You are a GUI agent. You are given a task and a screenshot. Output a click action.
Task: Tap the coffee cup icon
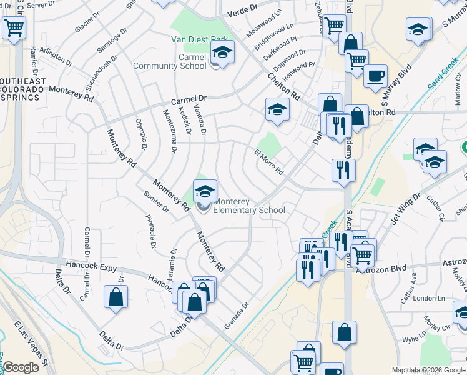click(375, 76)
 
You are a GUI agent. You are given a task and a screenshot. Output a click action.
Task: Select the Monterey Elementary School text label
click(249, 206)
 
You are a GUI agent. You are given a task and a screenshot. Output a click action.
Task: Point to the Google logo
click(21, 367)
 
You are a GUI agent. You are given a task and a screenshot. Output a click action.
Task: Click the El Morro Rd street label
click(268, 162)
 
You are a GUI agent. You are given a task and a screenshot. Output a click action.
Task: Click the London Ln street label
click(428, 299)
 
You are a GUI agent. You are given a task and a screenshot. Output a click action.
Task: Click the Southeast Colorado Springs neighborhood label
click(22, 89)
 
